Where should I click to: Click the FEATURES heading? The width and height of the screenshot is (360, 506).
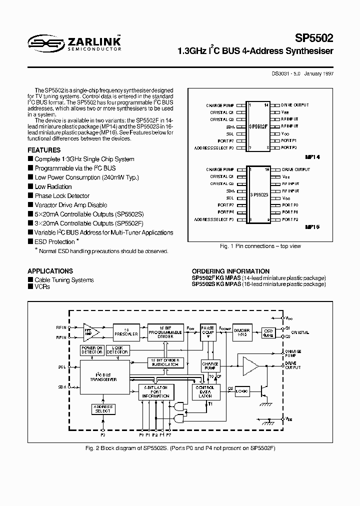(44, 150)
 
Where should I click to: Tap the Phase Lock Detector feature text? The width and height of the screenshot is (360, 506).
(62, 196)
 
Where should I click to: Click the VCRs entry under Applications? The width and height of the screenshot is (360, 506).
(42, 287)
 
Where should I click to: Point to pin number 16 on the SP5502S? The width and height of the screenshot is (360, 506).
(267, 170)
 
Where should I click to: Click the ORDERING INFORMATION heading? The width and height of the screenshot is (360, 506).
(230, 271)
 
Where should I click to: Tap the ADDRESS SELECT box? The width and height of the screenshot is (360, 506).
(102, 409)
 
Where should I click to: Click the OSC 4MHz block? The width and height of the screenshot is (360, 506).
(268, 332)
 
